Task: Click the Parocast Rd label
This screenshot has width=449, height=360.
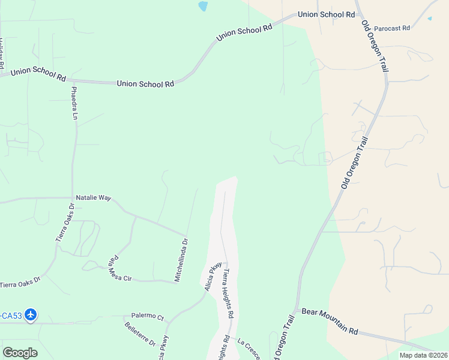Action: pyautogui.click(x=391, y=28)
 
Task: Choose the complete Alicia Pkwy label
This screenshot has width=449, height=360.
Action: pyautogui.click(x=212, y=276)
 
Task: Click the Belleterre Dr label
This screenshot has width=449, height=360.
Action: pyautogui.click(x=140, y=335)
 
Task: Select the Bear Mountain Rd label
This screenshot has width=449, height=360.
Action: pyautogui.click(x=330, y=322)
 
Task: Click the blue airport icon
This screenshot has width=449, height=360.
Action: pyautogui.click(x=31, y=314)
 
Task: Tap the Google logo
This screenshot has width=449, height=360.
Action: pyautogui.click(x=20, y=353)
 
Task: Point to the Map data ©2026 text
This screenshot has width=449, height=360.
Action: pyautogui.click(x=423, y=355)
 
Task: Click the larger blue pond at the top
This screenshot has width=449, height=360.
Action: pyautogui.click(x=203, y=7)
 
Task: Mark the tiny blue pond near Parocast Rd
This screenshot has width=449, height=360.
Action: pyautogui.click(x=429, y=19)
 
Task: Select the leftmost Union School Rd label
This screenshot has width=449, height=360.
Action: pyautogui.click(x=38, y=75)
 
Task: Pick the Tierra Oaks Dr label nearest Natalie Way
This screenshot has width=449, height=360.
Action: pyautogui.click(x=65, y=222)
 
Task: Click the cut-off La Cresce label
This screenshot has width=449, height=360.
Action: pyautogui.click(x=249, y=350)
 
